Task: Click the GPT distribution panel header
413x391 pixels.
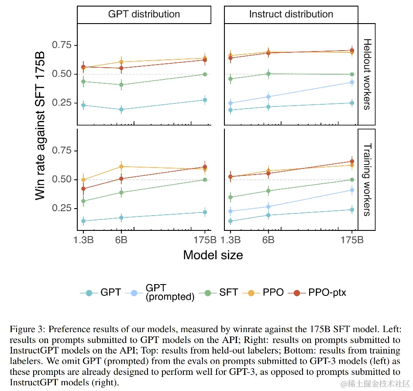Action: (x=144, y=14)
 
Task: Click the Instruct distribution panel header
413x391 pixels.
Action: (x=291, y=14)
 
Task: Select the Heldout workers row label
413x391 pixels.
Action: (x=367, y=74)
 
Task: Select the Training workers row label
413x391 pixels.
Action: (x=367, y=179)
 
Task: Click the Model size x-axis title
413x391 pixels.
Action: (x=213, y=255)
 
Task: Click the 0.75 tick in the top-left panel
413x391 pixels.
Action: (x=62, y=45)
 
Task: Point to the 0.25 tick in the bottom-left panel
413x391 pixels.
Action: (x=62, y=208)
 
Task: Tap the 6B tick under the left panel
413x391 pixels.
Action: (x=121, y=240)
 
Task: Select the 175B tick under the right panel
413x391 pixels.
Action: (x=352, y=240)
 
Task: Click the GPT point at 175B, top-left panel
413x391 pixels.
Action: (x=205, y=100)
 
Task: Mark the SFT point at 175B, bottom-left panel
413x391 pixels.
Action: (x=205, y=179)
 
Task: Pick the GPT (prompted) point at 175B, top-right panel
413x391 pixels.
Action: (x=352, y=82)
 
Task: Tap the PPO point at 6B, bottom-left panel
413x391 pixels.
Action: (x=121, y=166)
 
